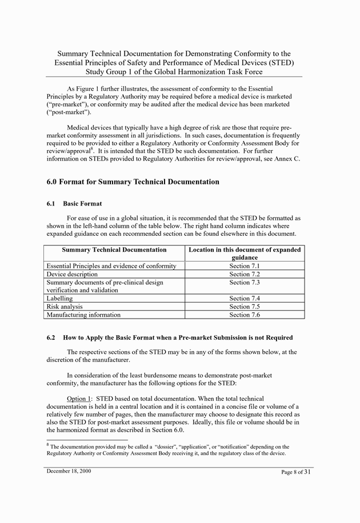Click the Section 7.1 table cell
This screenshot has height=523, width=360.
(x=245, y=266)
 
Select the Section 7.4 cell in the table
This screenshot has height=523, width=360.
(x=245, y=299)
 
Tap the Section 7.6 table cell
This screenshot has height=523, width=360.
(x=245, y=315)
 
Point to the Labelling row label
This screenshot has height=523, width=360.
(x=59, y=299)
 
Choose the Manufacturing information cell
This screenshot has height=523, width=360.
(x=83, y=315)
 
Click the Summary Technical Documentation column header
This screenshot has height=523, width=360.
(x=114, y=250)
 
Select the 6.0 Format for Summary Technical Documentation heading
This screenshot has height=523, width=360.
(x=133, y=182)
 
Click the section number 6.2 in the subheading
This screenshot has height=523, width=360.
(x=51, y=337)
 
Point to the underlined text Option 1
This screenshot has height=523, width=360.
(x=79, y=398)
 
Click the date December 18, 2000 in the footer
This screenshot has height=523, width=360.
(x=69, y=472)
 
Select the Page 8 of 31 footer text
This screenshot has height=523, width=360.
(x=296, y=472)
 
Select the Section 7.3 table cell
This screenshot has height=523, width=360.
(x=245, y=283)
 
